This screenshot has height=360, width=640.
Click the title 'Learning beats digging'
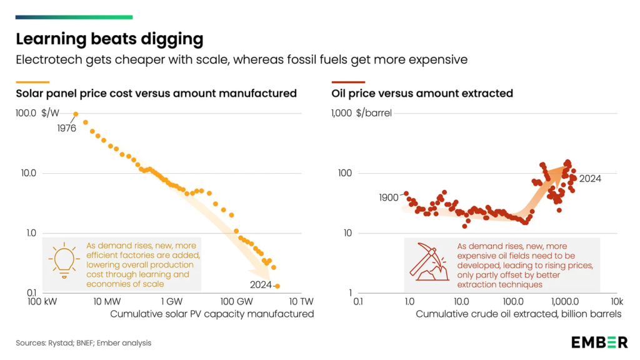[109, 39]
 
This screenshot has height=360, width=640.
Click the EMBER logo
[599, 342]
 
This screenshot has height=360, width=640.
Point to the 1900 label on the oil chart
[389, 197]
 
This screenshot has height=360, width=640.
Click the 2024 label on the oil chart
[590, 178]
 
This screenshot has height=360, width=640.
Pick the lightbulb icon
[64, 261]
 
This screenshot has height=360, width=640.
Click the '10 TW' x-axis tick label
[301, 301]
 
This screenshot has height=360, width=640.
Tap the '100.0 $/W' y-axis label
[39, 113]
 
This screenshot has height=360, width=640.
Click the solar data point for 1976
[76, 114]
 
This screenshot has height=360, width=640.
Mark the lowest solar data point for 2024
[277, 286]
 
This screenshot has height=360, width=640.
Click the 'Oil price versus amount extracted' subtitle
[422, 94]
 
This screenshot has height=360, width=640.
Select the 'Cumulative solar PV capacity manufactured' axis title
[212, 314]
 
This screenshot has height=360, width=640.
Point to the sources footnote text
[83, 343]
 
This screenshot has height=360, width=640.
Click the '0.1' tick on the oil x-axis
[358, 301]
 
